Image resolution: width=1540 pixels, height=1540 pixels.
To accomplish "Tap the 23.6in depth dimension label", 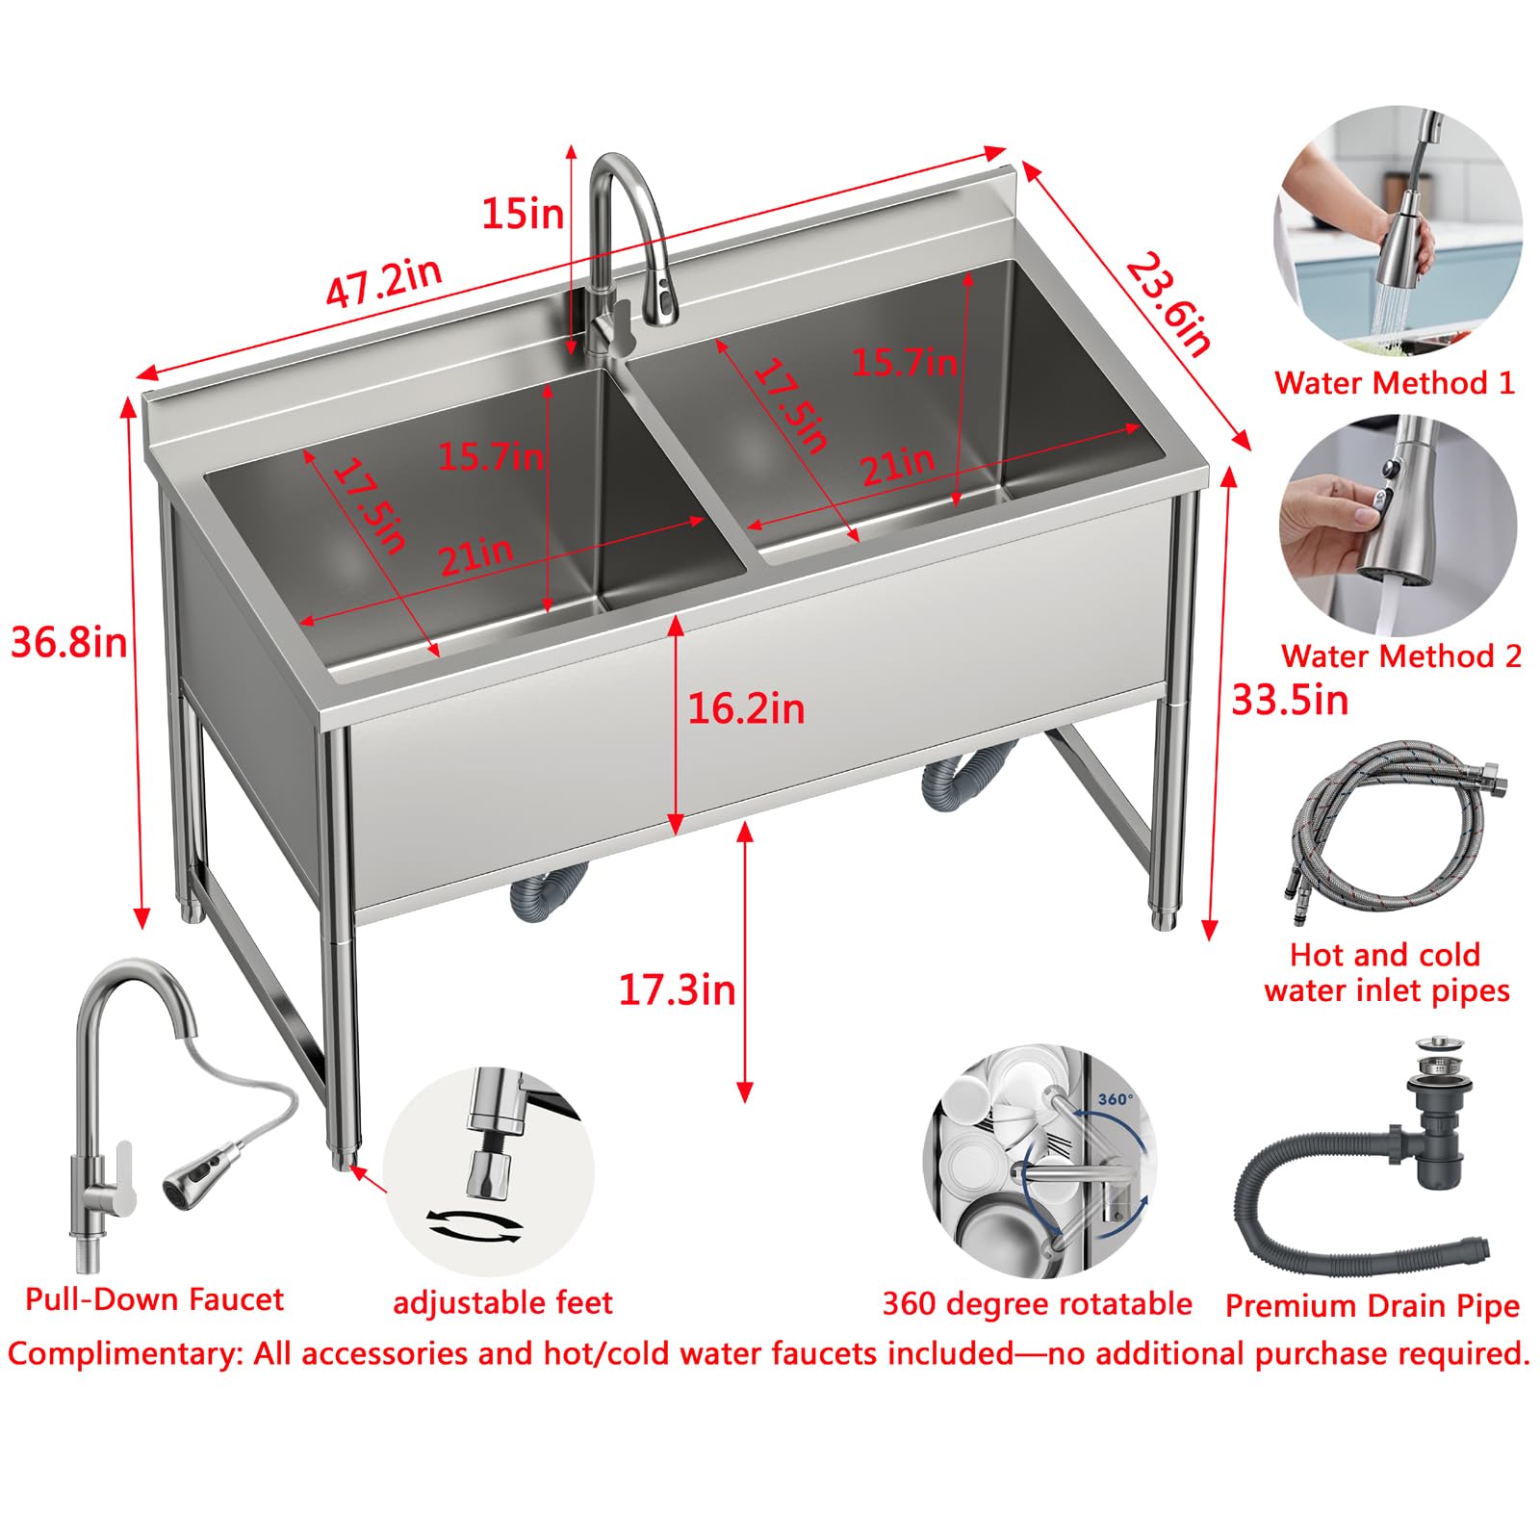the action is click(x=1168, y=304).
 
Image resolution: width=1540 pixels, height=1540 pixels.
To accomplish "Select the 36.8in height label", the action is click(x=69, y=642).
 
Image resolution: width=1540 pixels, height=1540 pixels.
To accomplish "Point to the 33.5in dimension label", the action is click(x=1290, y=700).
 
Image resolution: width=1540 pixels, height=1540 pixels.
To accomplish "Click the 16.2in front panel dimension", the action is click(x=746, y=709).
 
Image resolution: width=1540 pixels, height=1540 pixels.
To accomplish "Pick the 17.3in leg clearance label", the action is click(x=677, y=989).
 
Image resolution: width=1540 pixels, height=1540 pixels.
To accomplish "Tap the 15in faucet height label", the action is click(x=523, y=213).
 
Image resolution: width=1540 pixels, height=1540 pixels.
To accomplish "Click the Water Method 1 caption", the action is click(x=1395, y=383).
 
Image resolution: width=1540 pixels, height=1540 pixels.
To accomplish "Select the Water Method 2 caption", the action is click(x=1401, y=656).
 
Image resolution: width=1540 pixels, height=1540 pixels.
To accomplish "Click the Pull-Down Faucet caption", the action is click(x=155, y=1299).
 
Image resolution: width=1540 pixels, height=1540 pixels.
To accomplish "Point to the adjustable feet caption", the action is click(x=502, y=1303).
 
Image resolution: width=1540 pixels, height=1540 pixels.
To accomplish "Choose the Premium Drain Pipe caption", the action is click(x=1373, y=1306).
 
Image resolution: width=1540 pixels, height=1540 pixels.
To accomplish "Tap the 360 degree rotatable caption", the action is click(x=1038, y=1304).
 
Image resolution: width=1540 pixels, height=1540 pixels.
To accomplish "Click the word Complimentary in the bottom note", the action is click(x=125, y=1354).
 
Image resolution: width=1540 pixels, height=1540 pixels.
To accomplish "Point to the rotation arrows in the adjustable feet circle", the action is click(x=475, y=1225).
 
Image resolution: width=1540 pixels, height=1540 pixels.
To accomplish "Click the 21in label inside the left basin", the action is click(x=476, y=555).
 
